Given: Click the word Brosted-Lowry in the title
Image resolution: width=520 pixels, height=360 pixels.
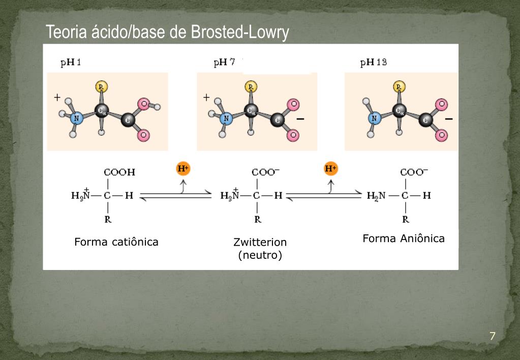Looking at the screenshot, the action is [x=240, y=33].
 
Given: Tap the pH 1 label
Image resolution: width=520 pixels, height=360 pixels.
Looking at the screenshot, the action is [x=71, y=63].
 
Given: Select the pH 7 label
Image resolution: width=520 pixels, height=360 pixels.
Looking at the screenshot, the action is [x=224, y=63].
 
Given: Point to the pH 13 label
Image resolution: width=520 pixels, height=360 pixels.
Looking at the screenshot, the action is [x=374, y=63].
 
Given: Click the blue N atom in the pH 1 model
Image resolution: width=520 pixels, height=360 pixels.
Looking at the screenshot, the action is [x=77, y=118].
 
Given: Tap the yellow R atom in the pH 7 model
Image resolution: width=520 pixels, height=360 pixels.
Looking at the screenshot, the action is [x=251, y=87].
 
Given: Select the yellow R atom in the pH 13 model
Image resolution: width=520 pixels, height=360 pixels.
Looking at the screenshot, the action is [x=400, y=87].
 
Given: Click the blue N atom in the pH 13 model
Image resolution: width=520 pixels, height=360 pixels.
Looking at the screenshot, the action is [x=375, y=118].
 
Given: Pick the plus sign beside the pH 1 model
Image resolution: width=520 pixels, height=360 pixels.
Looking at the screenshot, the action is [x=57, y=97].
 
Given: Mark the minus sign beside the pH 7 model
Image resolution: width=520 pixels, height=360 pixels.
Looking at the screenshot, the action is [x=300, y=119].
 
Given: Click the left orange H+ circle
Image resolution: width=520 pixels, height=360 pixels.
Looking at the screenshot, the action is [x=182, y=169].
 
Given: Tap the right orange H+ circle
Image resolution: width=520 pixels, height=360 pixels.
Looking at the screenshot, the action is [x=331, y=169].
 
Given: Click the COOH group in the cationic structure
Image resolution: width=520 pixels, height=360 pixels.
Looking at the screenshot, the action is [x=119, y=172].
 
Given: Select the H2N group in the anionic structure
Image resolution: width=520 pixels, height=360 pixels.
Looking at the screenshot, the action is [x=377, y=195].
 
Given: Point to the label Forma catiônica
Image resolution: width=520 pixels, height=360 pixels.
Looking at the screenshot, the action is [x=116, y=242].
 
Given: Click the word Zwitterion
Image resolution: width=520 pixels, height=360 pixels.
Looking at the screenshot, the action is [x=260, y=243].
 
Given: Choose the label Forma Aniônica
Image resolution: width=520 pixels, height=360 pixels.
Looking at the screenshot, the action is [x=404, y=238].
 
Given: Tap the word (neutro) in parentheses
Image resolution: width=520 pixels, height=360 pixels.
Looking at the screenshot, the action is [x=260, y=255].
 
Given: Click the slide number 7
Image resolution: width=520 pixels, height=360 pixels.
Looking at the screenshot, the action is [x=492, y=336].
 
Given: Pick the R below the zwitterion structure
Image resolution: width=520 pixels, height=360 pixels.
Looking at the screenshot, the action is [x=258, y=220].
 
